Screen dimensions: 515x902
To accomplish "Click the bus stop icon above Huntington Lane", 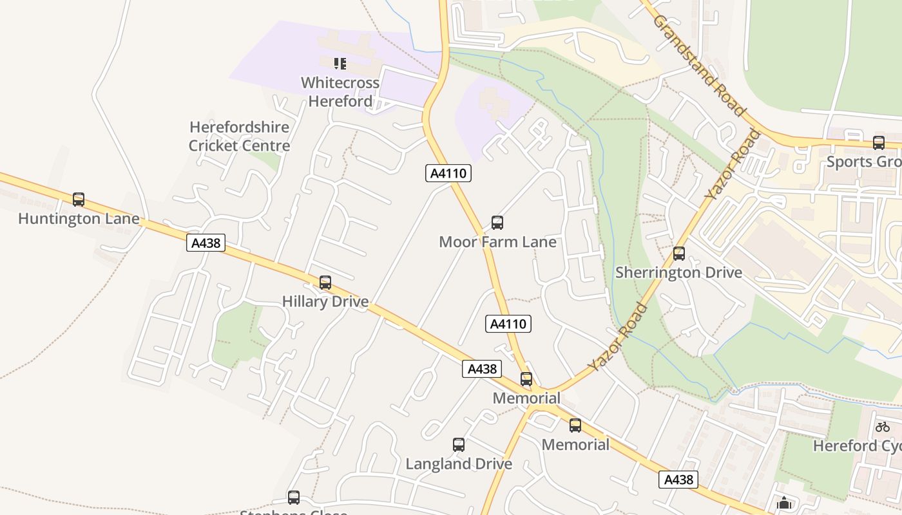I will [x=79, y=200].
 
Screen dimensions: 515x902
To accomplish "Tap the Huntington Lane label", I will [x=79, y=219].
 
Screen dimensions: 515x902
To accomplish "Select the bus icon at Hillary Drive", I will [x=325, y=283].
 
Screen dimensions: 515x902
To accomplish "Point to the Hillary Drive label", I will [x=325, y=301].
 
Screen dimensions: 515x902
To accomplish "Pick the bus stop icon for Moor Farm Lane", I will [x=497, y=223].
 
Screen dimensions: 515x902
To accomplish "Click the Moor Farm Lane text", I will [x=497, y=242].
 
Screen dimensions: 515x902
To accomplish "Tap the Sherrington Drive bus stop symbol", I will [x=679, y=254].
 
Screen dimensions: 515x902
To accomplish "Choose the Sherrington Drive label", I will [x=678, y=272].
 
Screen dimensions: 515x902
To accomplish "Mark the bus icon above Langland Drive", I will [x=459, y=445].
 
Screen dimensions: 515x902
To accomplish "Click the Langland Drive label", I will [x=459, y=464].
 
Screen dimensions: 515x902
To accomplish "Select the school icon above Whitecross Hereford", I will [x=340, y=64].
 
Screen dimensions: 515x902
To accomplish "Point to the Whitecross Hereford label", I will [x=340, y=92].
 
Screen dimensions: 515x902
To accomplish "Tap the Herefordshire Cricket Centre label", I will [x=240, y=136].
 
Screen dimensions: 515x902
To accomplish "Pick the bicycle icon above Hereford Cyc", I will [x=883, y=427].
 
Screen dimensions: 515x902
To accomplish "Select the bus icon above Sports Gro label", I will [x=879, y=143].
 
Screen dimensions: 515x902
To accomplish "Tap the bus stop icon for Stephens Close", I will [x=294, y=498].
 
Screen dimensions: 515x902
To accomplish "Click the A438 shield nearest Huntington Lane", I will [x=206, y=243].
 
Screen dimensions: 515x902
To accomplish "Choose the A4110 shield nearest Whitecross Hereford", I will [x=448, y=173].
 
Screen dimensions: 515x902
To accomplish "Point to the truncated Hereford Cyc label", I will [x=857, y=445].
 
